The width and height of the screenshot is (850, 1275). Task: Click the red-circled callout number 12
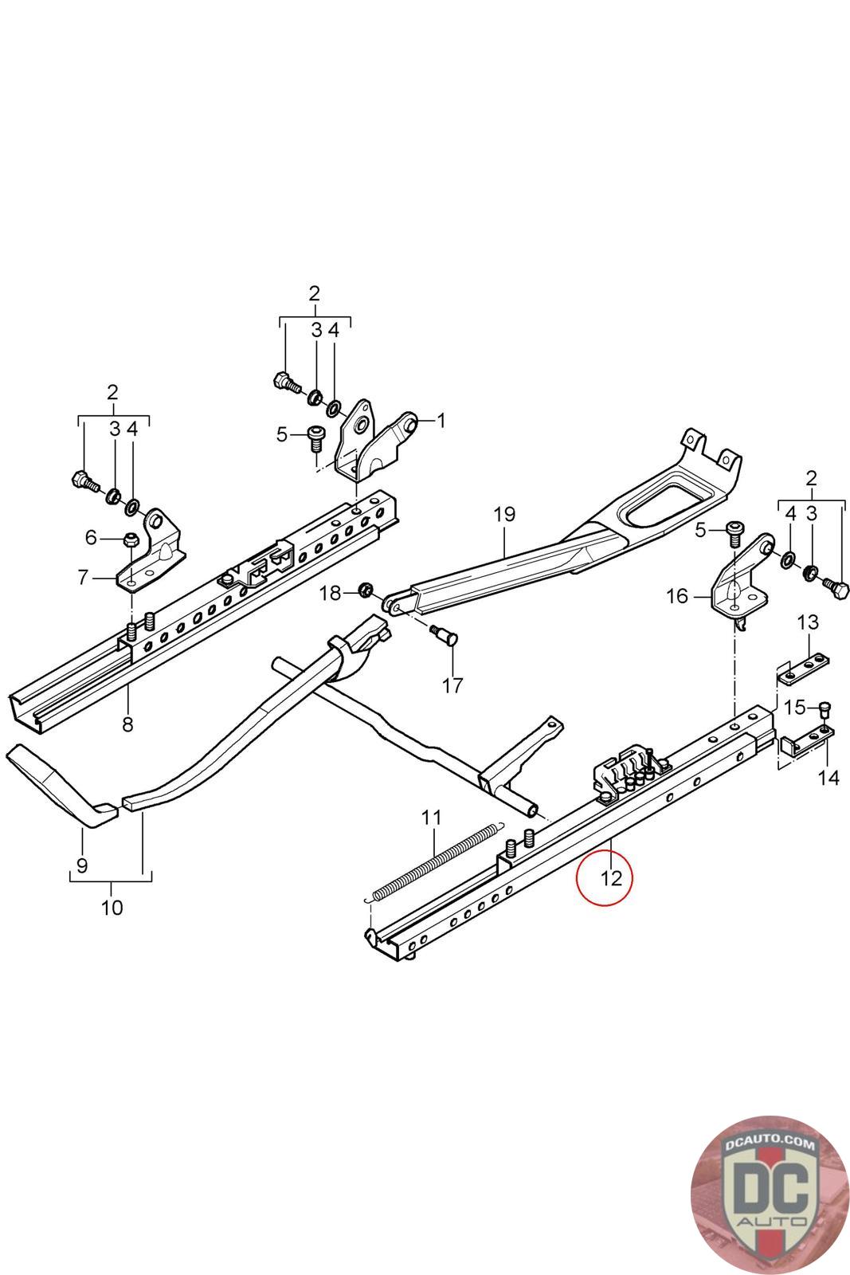[611, 878]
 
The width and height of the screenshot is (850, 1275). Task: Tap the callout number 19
[504, 514]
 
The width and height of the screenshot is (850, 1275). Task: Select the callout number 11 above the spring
[431, 817]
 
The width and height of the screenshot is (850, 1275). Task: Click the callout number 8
[127, 724]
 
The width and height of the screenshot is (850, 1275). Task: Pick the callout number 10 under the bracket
[112, 907]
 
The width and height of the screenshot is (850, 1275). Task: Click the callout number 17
[452, 685]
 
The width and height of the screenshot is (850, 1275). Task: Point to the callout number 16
[676, 596]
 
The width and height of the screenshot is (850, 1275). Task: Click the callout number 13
[807, 622]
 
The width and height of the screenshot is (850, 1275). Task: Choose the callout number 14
[828, 778]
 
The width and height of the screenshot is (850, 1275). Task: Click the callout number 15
[794, 706]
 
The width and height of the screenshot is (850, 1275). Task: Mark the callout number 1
[441, 421]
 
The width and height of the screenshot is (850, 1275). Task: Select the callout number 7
[83, 576]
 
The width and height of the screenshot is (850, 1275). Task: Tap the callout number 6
[91, 538]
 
